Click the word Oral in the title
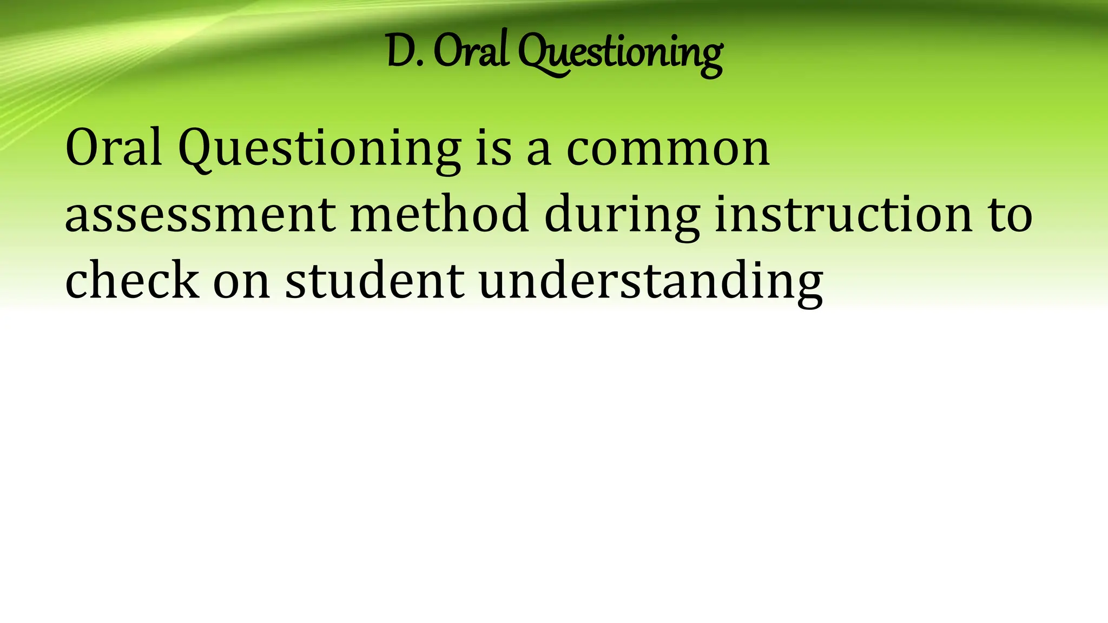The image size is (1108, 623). coord(470,51)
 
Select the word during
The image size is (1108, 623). coord(622,216)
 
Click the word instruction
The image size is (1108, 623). coord(843,214)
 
